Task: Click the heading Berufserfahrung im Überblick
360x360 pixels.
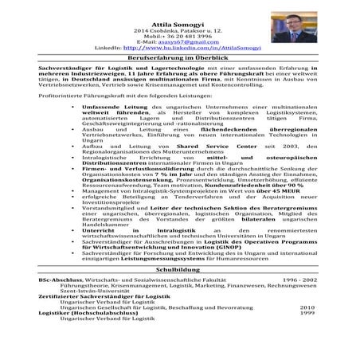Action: [179, 59]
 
